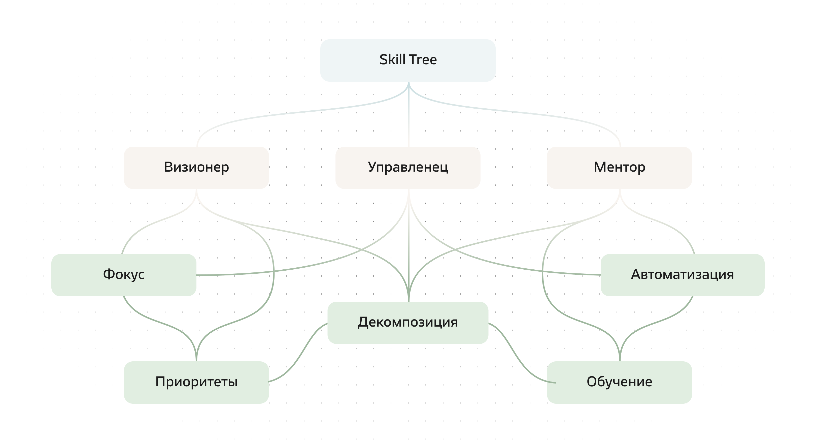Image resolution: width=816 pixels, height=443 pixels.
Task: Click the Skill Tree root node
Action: click(408, 60)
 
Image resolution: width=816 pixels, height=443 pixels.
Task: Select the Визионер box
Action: click(196, 168)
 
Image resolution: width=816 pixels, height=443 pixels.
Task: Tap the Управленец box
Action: click(408, 168)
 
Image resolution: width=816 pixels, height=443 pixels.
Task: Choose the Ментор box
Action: click(619, 168)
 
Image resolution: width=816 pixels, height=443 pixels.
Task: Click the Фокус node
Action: click(124, 275)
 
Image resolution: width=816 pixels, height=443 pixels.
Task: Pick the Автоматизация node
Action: click(682, 275)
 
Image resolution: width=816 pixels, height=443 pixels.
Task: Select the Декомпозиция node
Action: click(408, 323)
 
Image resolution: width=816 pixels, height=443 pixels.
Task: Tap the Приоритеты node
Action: click(196, 382)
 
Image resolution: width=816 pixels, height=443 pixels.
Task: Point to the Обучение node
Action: click(619, 382)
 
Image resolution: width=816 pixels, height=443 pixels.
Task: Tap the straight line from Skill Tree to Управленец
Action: click(409, 120)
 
